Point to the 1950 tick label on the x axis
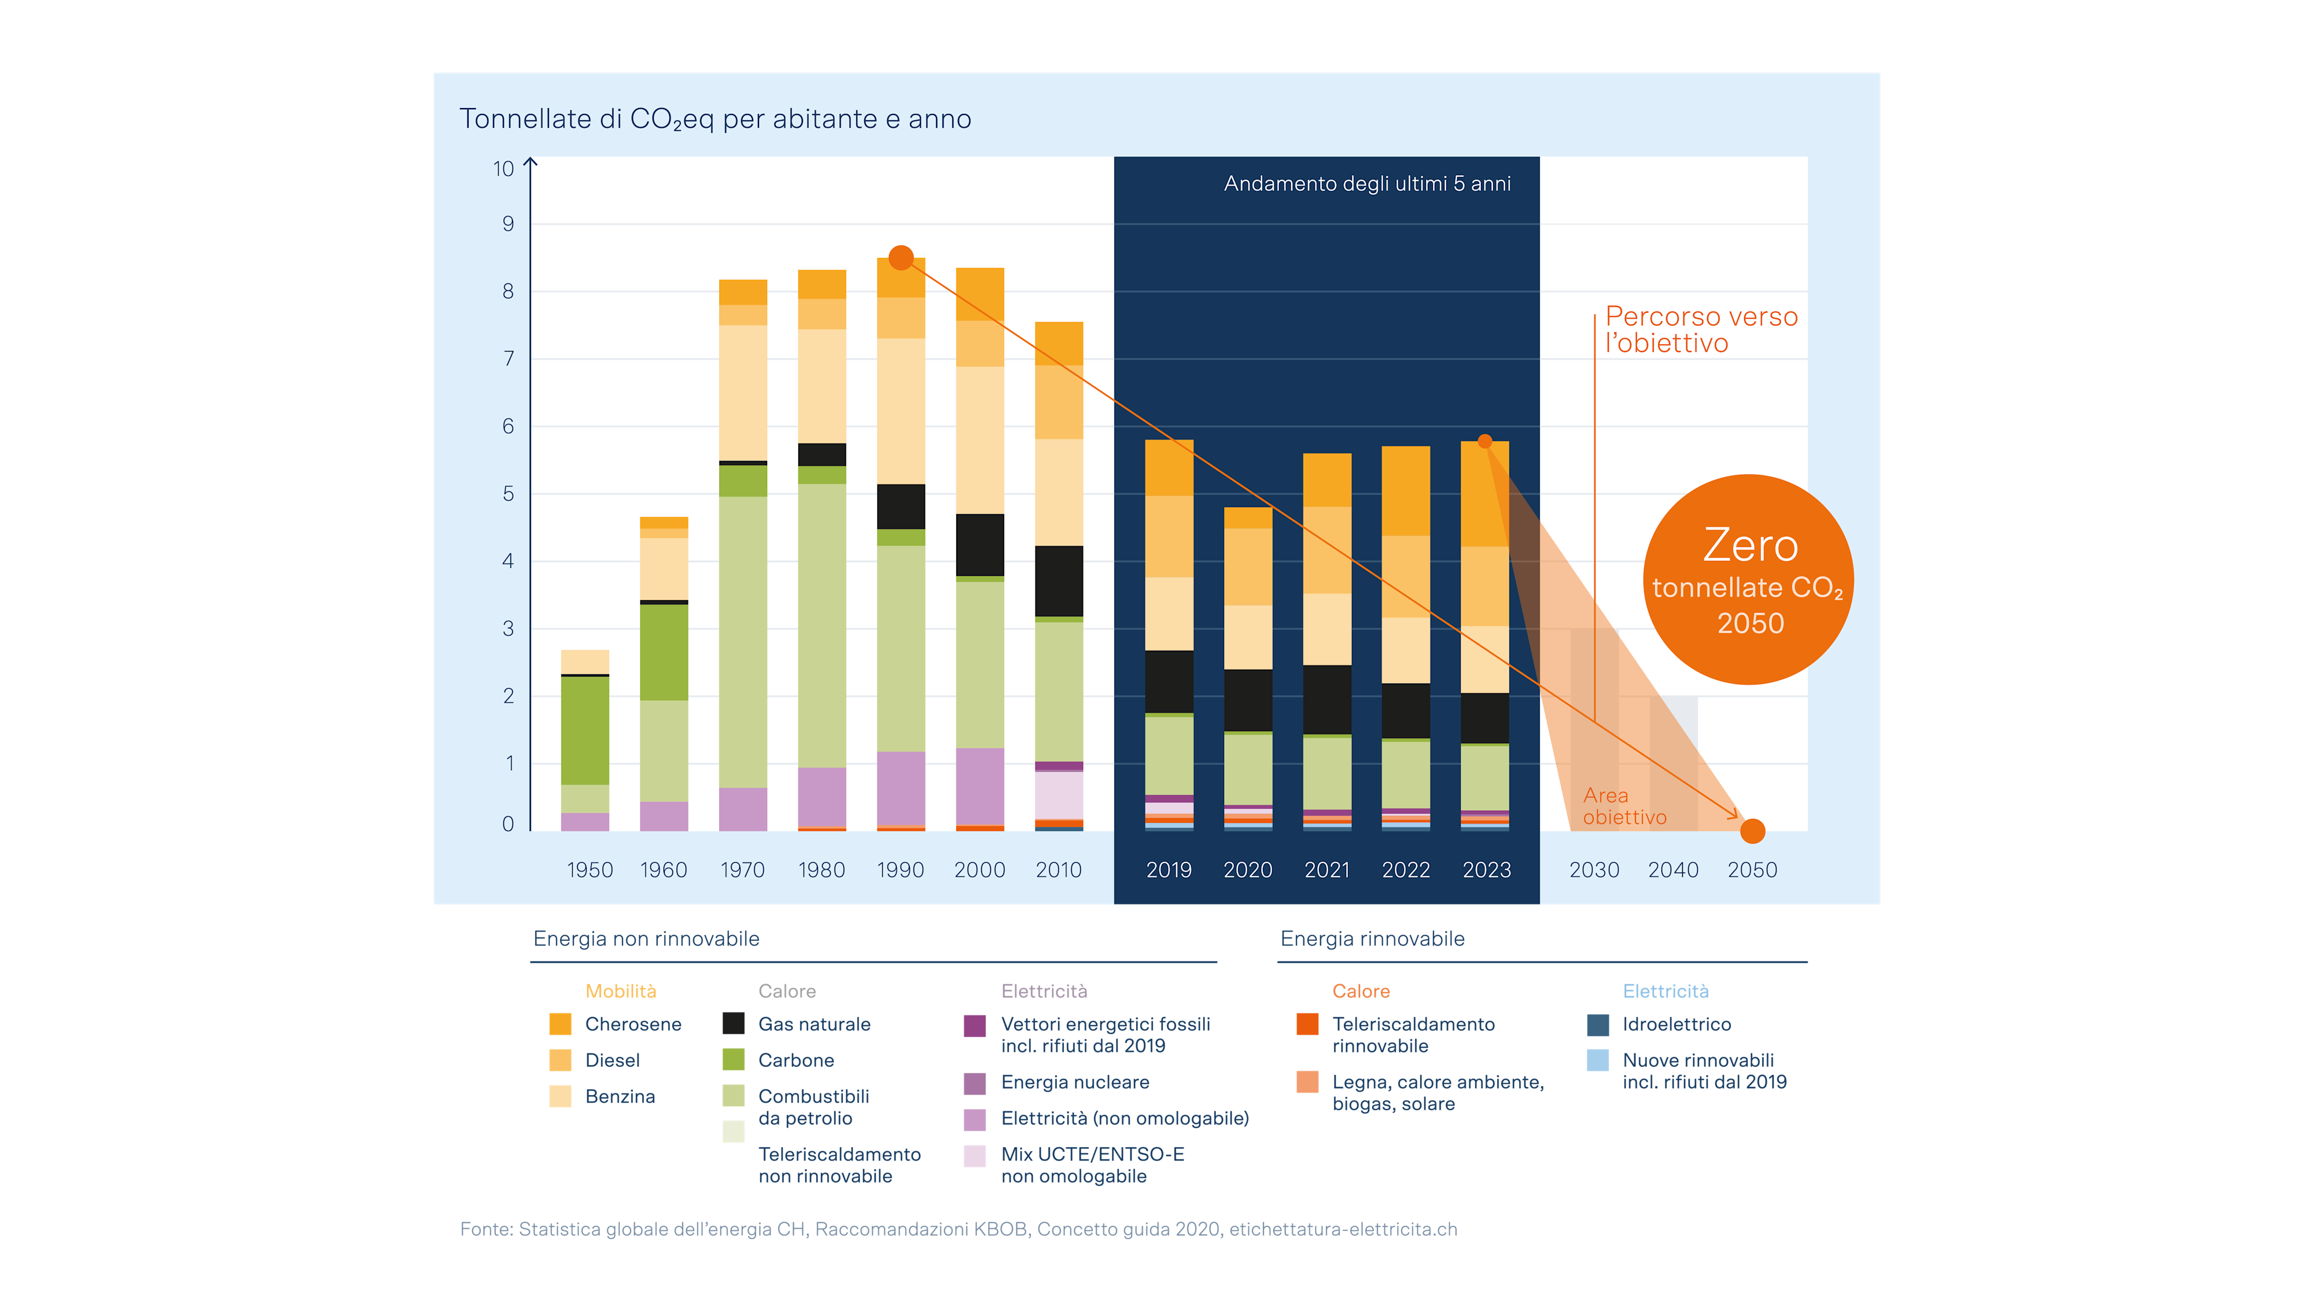(x=589, y=870)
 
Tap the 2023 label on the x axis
(x=1487, y=870)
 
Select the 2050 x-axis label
(x=1752, y=870)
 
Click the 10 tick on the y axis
(x=503, y=169)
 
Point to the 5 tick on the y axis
(x=509, y=494)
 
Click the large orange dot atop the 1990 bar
(x=901, y=258)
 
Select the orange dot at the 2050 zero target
(x=1753, y=831)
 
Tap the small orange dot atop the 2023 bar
(x=1485, y=441)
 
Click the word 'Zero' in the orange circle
(x=1750, y=545)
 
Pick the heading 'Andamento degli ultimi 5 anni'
(x=1367, y=184)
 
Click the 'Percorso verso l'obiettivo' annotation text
(x=1701, y=330)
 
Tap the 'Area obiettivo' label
(x=1624, y=806)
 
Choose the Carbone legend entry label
(x=796, y=1060)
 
